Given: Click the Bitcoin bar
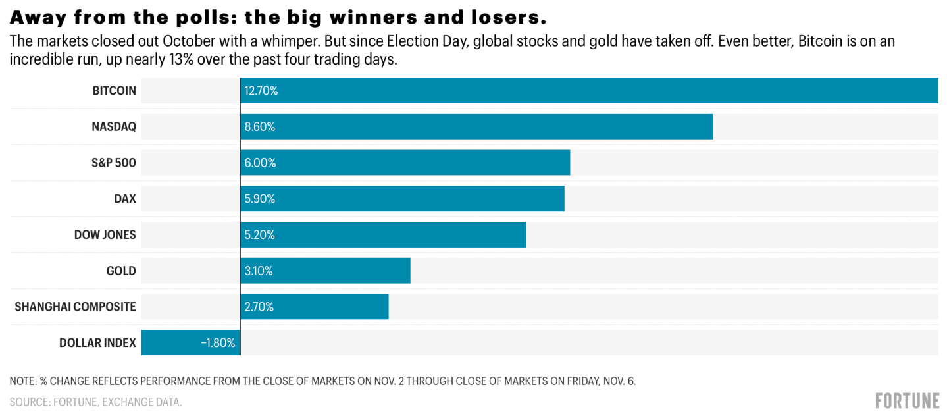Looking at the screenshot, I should (x=589, y=91).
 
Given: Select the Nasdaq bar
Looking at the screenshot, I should (x=476, y=126).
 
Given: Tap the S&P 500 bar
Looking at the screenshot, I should (x=405, y=163).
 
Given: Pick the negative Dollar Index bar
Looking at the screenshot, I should (x=191, y=342).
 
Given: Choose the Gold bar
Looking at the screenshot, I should (x=325, y=271).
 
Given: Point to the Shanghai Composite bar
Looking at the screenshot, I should (x=315, y=307).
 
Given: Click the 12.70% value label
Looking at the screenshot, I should (x=261, y=91).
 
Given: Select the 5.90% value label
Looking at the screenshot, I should (x=260, y=199).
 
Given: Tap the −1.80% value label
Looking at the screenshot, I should (x=218, y=342).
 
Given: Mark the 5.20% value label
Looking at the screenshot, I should (x=260, y=234).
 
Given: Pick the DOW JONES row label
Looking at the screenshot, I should (x=105, y=234).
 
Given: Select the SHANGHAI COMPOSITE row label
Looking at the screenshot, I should (x=75, y=307).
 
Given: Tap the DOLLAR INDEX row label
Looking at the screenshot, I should (x=97, y=342).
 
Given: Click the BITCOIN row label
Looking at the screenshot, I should (x=115, y=91).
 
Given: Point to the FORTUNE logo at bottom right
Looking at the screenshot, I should (x=907, y=400).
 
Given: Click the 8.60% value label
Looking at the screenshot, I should (x=260, y=126).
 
